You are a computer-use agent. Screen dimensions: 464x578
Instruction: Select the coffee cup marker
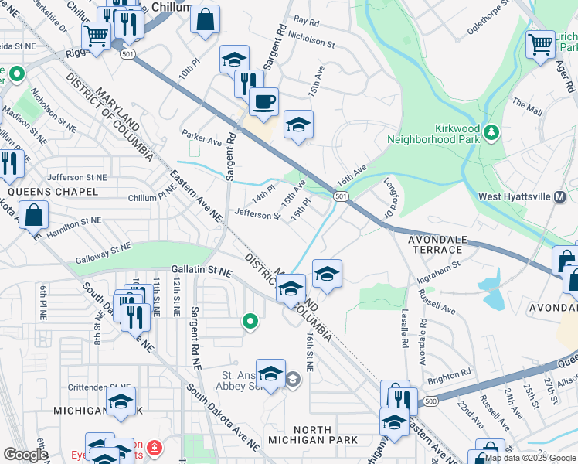[x=263, y=102]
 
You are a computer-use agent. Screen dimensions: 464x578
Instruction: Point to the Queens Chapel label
[x=53, y=191]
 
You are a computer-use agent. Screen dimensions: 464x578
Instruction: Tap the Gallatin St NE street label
[x=201, y=271]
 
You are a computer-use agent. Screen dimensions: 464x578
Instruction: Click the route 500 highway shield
[x=430, y=401]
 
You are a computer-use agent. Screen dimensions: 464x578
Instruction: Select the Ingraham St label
[x=438, y=268]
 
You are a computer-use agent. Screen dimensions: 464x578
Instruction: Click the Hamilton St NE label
[x=74, y=221]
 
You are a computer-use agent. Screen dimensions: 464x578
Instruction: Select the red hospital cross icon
[x=155, y=448]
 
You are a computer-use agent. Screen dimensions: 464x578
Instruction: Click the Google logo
[x=25, y=455]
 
